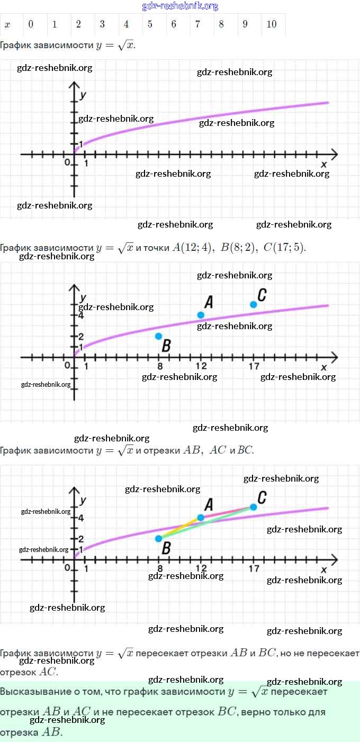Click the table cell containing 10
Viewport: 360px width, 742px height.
[272, 24]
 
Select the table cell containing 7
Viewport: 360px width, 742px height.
[197, 24]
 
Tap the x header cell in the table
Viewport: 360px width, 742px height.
[7, 24]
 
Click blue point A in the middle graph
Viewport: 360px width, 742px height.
[201, 315]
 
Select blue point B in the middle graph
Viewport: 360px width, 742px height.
[158, 336]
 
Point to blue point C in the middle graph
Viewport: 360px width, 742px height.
[254, 304]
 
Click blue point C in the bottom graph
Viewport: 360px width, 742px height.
[254, 507]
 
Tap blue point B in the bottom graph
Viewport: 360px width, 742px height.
[158, 539]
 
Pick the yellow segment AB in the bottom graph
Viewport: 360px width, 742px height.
[180, 528]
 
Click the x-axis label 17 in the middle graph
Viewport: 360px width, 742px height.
[254, 366]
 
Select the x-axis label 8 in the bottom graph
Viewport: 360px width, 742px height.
[159, 569]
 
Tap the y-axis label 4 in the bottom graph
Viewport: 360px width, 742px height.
[81, 518]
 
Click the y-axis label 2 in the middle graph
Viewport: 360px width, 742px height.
[81, 337]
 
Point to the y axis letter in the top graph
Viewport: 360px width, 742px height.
[83, 95]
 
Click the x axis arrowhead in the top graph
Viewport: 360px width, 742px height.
[334, 155]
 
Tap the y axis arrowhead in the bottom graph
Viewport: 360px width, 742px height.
[74, 490]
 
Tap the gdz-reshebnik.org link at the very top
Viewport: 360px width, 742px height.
[180, 6]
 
